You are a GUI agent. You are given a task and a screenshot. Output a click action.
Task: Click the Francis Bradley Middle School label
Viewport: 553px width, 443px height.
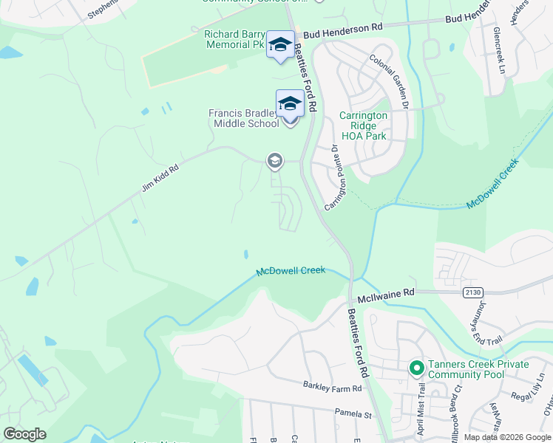[243, 118]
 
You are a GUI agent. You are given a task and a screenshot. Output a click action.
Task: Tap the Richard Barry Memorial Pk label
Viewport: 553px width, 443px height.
[234, 39]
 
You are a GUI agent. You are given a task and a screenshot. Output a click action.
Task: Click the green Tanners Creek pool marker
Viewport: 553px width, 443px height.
[415, 367]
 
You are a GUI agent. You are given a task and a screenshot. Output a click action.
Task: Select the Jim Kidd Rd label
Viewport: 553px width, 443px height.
[160, 178]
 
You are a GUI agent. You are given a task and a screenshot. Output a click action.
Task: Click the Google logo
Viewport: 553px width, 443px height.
[25, 433]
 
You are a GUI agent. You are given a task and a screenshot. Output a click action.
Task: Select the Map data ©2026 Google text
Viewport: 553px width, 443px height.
[507, 437]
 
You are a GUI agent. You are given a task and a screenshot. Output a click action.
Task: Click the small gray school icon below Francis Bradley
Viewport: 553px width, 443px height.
[274, 160]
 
